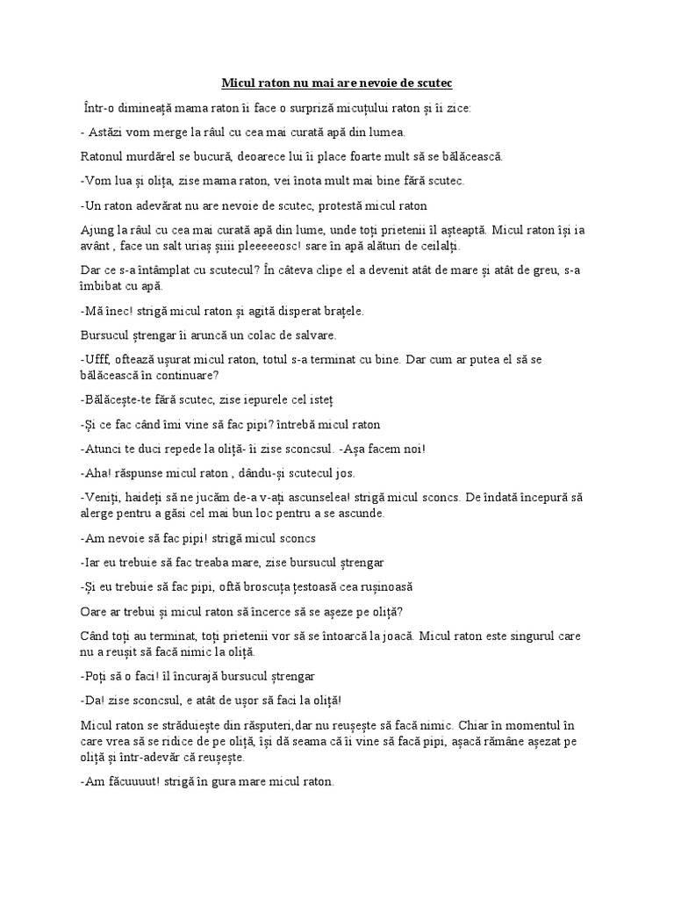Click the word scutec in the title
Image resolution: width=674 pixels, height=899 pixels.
coord(434,83)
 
